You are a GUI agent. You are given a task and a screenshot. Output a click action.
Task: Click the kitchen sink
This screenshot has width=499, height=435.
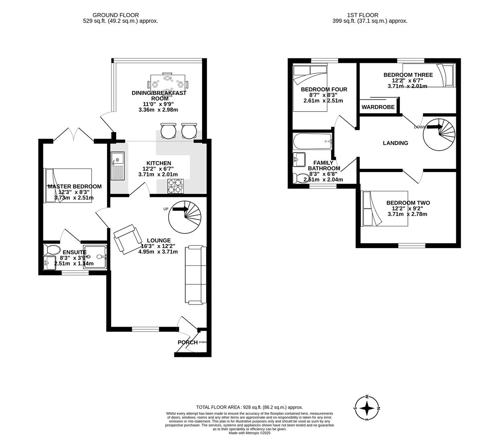pyautogui.click(x=118, y=166)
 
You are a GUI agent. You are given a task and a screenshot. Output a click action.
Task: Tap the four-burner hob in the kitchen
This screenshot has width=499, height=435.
pyautogui.click(x=175, y=186)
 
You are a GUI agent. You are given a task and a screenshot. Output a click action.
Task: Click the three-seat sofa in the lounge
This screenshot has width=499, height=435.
pyautogui.click(x=195, y=275)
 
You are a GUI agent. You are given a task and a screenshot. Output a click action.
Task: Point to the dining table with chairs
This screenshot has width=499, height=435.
pyautogui.click(x=168, y=85)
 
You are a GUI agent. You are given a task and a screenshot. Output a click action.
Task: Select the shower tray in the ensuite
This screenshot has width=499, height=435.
pyautogui.click(x=95, y=257)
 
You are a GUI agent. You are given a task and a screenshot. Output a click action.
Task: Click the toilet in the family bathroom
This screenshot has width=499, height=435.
pyautogui.click(x=300, y=178)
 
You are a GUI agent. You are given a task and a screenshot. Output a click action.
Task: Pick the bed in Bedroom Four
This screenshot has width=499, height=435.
pyautogui.click(x=309, y=89)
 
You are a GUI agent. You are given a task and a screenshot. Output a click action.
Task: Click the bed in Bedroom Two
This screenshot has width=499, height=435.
pyautogui.click(x=385, y=208)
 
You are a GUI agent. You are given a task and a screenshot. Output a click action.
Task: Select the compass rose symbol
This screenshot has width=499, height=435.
pyautogui.click(x=367, y=408)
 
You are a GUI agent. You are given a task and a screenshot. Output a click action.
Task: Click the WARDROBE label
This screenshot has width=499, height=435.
pyautogui.click(x=378, y=107)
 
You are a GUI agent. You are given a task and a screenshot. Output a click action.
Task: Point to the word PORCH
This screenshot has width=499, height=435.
pyautogui.click(x=188, y=342)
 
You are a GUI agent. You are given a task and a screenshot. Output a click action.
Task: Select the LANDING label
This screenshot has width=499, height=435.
pyautogui.click(x=395, y=143)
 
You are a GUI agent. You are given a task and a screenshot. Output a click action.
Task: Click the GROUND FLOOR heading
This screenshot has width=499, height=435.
pyautogui.click(x=116, y=15)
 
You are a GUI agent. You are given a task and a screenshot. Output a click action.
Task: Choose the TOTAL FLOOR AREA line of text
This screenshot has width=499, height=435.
pyautogui.click(x=249, y=407)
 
